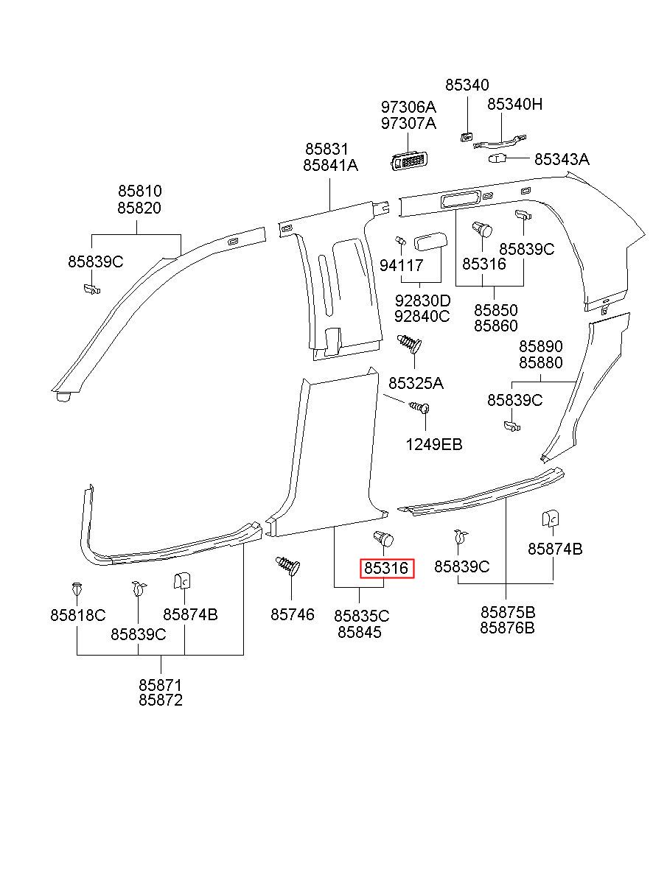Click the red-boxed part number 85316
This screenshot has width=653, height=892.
386,568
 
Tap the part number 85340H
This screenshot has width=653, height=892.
514,105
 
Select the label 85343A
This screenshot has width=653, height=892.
562,159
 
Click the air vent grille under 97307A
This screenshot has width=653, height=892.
410,161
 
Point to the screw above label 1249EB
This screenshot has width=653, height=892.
419,407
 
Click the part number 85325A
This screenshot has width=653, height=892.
416,384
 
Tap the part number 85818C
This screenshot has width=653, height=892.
77,615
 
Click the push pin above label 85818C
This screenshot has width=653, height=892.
76,589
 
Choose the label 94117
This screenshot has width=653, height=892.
401,265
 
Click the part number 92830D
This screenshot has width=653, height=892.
422,300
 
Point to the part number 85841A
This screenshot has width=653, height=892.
330,165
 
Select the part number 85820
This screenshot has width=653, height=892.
139,208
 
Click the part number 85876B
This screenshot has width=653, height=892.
507,628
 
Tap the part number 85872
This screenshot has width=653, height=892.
161,700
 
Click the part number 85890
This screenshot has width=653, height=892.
541,346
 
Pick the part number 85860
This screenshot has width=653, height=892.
495,326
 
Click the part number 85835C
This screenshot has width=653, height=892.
361,616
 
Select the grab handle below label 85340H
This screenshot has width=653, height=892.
500,141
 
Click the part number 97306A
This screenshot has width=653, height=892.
408,107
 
